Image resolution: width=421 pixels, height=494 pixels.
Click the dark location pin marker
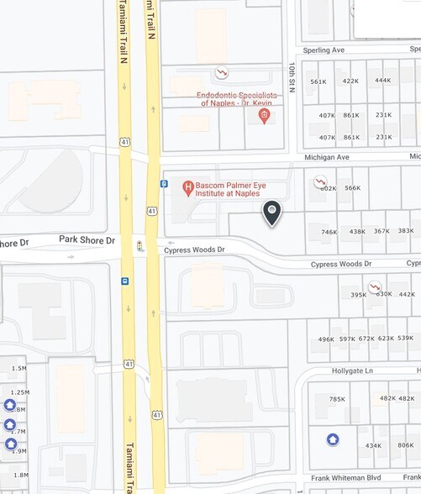(272, 213)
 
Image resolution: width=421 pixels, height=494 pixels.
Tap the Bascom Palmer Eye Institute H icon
(189, 185)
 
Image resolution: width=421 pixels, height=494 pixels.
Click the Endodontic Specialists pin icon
(264, 116)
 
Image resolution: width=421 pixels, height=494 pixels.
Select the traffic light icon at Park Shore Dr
(139, 245)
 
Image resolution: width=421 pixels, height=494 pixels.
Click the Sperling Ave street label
(324, 50)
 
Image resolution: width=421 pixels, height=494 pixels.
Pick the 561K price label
(318, 81)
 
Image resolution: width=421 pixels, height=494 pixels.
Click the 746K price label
(329, 232)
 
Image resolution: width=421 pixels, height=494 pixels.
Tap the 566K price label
(352, 188)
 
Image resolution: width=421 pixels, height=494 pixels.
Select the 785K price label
(337, 399)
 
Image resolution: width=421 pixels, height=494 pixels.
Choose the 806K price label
(405, 445)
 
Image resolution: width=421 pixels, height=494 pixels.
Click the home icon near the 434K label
(333, 439)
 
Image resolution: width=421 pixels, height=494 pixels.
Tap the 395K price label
(359, 295)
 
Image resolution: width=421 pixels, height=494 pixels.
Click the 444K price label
(382, 81)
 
